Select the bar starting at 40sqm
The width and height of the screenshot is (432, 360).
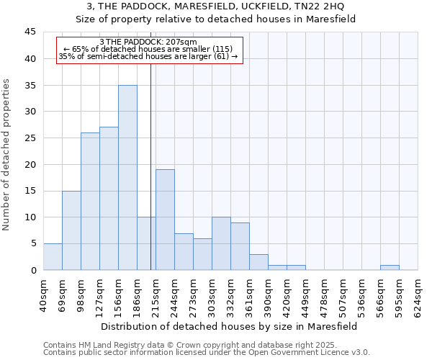click(x=53, y=257)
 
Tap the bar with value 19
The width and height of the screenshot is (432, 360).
click(x=165, y=220)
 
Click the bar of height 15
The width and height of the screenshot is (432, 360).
click(x=71, y=230)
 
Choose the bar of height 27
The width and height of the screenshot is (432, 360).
click(x=109, y=199)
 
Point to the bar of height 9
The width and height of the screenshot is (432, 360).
click(x=240, y=246)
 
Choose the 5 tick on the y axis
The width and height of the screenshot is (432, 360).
click(x=32, y=243)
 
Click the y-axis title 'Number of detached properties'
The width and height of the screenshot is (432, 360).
click(x=6, y=155)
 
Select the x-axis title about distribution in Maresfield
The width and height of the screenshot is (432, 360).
click(x=229, y=326)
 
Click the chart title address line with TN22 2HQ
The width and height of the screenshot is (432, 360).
click(x=216, y=6)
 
